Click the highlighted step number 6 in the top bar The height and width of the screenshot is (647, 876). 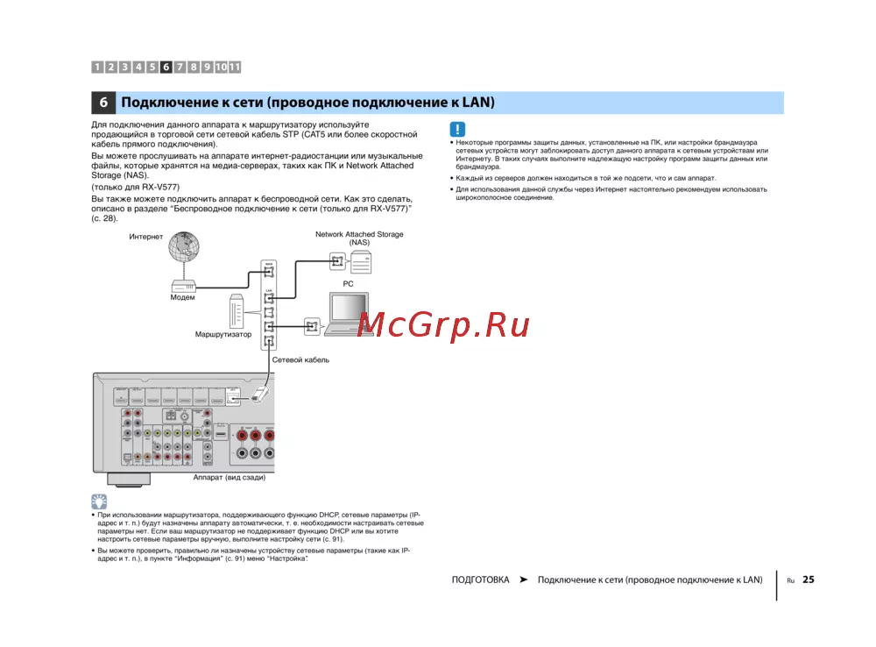[166, 67]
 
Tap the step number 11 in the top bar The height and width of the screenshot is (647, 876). [235, 67]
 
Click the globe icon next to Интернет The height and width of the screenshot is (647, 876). [185, 249]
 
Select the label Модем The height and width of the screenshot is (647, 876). [182, 297]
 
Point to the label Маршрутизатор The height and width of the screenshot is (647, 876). [223, 335]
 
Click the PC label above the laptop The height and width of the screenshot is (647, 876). [348, 284]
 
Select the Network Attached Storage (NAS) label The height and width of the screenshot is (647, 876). [359, 238]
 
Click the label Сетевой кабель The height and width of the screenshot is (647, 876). [300, 360]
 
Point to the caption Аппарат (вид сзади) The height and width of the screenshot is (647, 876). [230, 478]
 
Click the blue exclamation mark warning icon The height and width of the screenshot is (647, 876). [457, 128]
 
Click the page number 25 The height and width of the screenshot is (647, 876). [808, 579]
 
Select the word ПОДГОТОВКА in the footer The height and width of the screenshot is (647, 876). [480, 579]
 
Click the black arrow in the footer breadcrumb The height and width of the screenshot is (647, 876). [523, 579]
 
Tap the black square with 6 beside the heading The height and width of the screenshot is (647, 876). [102, 103]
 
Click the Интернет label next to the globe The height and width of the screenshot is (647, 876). [146, 237]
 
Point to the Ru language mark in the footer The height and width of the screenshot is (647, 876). [789, 580]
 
